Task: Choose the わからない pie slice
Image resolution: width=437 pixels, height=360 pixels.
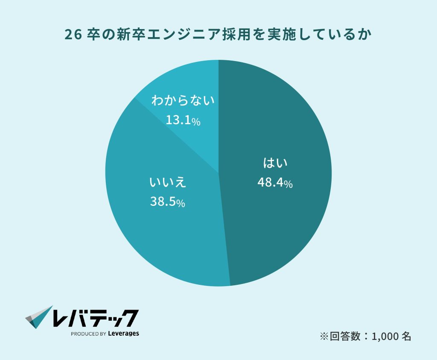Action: tap(188, 85)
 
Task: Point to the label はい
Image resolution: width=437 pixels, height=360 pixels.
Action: tap(275, 164)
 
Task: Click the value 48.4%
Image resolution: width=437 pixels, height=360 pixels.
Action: tap(275, 183)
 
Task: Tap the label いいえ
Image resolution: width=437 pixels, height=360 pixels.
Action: tap(168, 182)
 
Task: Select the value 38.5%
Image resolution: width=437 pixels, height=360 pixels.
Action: tap(167, 202)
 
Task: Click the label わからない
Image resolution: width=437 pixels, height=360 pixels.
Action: tap(183, 102)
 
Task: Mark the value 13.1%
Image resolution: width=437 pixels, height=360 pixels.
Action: tap(183, 121)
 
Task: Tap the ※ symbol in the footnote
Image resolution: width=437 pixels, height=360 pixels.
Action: tap(323, 337)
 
